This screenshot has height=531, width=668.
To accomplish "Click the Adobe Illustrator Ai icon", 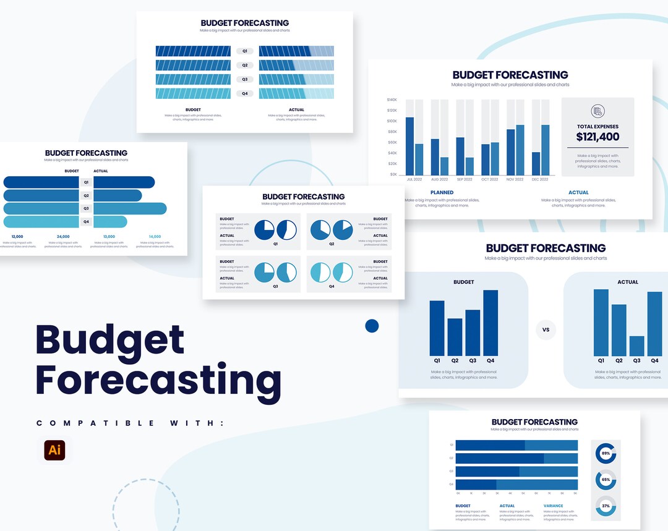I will point(54,449).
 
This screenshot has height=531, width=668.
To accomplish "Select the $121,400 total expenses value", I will point(597,137).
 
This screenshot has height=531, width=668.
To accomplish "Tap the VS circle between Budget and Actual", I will point(546,329).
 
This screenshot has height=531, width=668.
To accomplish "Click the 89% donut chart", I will point(606,453).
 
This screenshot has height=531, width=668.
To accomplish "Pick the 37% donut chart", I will point(606,506).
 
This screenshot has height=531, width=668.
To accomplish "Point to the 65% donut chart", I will point(606,480).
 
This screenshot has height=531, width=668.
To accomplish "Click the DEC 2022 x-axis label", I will point(539,179).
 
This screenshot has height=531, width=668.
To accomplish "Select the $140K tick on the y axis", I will point(392,100).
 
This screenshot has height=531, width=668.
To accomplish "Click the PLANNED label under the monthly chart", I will point(442,192).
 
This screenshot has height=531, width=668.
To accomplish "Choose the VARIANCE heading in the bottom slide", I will point(553,506).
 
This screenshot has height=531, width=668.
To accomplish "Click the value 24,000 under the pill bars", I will point(63,236).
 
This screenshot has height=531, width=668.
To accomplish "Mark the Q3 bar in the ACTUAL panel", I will point(636,346).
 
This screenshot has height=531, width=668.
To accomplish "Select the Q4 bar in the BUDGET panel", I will point(490,322).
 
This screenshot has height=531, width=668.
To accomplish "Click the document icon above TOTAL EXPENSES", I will point(597,111).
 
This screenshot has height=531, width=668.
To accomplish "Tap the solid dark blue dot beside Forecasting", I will point(372,326).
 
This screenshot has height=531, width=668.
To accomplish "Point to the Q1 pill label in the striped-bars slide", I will point(245,51).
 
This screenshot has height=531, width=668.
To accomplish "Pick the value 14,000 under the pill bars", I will point(155,236).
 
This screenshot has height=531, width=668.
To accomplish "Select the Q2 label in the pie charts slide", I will point(332,244).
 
